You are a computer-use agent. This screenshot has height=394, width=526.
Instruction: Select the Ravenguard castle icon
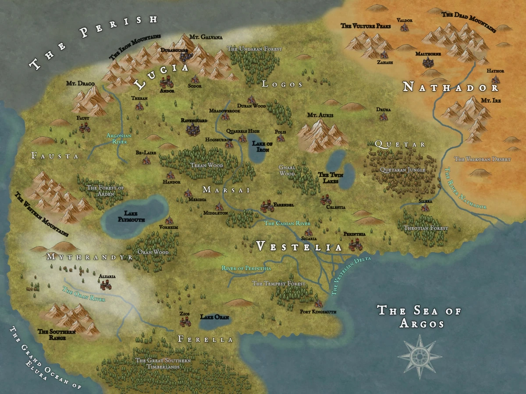coord(191,129)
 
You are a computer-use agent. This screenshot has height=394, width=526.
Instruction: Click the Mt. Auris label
coord(320,115)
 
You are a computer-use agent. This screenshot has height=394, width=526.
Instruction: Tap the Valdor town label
coord(404,20)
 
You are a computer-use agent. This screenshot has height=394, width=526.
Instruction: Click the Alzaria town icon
coord(106,285)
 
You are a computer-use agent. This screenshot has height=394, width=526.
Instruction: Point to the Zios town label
coord(184,314)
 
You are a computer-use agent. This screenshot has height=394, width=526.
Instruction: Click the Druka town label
coord(383,109)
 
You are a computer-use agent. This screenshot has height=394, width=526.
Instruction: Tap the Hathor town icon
coord(496,80)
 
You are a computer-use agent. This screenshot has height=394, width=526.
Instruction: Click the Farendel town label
coord(283,204)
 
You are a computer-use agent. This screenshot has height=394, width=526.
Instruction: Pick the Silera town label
coord(425,201)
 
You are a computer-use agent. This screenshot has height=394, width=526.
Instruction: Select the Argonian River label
coord(116,139)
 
